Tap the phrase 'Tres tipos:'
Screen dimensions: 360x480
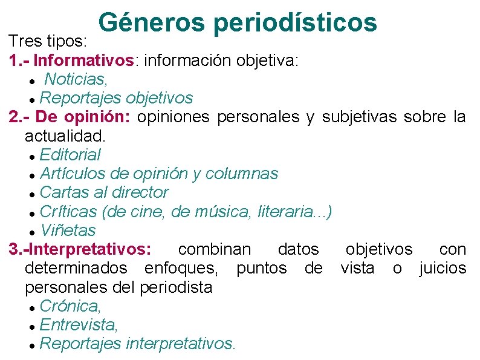coord(49,42)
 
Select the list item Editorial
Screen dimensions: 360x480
coord(70,155)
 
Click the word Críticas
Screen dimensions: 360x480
coord(68,211)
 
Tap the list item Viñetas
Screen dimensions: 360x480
coord(67,230)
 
